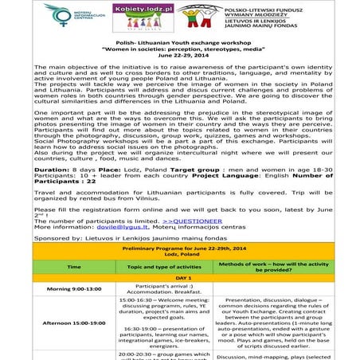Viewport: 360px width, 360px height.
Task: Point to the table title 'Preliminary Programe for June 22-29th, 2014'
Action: click(x=180, y=248)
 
